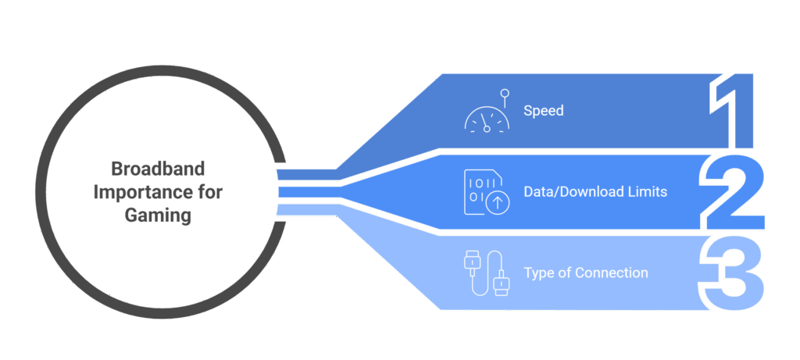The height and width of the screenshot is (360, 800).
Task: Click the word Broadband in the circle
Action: pyautogui.click(x=158, y=169)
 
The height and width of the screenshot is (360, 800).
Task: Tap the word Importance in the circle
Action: pyautogui.click(x=136, y=192)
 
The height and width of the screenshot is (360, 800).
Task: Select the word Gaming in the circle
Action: pyautogui.click(x=158, y=216)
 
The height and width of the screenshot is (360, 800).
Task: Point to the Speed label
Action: pyautogui.click(x=544, y=111)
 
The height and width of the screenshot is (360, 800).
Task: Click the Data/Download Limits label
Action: pyautogui.click(x=595, y=192)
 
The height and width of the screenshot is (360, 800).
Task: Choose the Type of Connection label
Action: pyautogui.click(x=586, y=273)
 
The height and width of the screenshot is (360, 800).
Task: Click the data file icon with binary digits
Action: pyautogui.click(x=486, y=192)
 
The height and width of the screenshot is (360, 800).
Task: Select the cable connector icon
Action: pyautogui.click(x=487, y=273)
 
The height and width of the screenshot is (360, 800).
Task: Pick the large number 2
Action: pyautogui.click(x=731, y=193)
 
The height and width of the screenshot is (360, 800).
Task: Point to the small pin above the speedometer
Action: pyautogui.click(x=504, y=98)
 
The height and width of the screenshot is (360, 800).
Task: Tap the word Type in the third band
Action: pyautogui.click(x=537, y=273)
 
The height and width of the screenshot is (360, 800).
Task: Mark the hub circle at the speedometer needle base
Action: pyautogui.click(x=487, y=129)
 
